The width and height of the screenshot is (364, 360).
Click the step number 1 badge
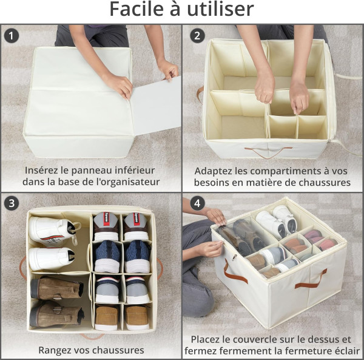pyautogui.click(x=11, y=36)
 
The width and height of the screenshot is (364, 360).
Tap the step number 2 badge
pyautogui.click(x=197, y=36)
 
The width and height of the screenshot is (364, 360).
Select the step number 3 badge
pyautogui.click(x=11, y=203)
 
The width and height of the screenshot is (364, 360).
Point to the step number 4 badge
pyautogui.click(x=197, y=203)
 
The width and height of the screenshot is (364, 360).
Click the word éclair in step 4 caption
pyautogui.click(x=348, y=350)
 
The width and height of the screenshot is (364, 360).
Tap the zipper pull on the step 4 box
pyautogui.click(x=234, y=257)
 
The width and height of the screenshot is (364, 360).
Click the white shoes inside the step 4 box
pyautogui.click(x=277, y=221)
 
